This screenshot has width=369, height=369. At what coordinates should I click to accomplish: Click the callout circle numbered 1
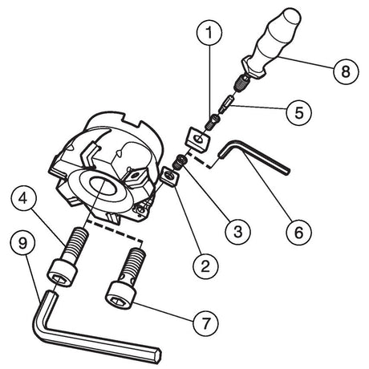click(209, 33)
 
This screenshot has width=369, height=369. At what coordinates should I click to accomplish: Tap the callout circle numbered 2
click(205, 266)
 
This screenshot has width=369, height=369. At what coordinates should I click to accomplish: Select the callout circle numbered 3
click(237, 232)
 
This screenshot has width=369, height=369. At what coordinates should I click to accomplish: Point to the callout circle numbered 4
click(23, 199)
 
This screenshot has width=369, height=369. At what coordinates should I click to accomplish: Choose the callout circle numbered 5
click(298, 112)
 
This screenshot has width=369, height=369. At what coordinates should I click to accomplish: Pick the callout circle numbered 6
click(298, 232)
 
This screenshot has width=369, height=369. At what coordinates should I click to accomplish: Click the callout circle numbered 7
click(205, 324)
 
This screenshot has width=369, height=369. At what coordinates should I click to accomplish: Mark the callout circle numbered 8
click(346, 71)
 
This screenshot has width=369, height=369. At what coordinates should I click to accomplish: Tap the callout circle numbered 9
click(23, 244)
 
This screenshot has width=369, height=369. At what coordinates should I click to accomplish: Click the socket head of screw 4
click(63, 274)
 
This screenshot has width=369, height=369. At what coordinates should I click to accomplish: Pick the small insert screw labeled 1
click(213, 122)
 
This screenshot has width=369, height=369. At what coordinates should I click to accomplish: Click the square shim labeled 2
click(171, 177)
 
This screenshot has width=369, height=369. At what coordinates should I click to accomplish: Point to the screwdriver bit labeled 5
click(226, 103)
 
